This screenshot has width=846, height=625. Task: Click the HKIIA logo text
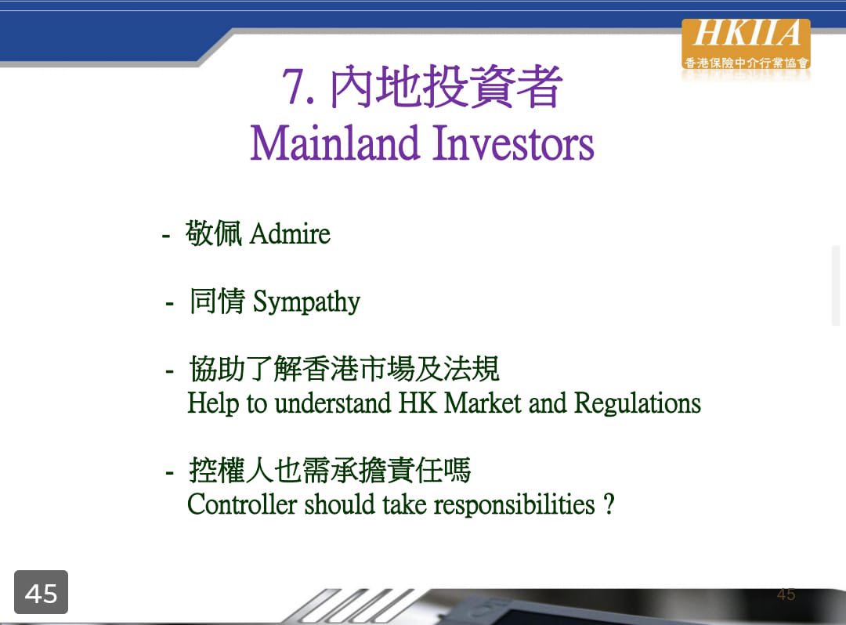[x=747, y=34]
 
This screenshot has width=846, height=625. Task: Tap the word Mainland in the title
[x=334, y=143]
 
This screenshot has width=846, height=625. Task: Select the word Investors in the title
[x=513, y=143]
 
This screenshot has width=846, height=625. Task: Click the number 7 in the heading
[x=292, y=86]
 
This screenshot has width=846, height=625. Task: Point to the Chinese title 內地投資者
[x=446, y=86]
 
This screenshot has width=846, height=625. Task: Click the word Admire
[x=291, y=234]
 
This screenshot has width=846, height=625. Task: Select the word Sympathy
[x=306, y=302]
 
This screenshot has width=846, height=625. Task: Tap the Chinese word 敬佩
[x=214, y=233]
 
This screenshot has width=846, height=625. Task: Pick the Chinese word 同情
[x=218, y=301]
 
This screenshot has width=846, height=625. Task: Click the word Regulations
[x=637, y=404]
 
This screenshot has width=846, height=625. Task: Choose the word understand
[x=333, y=403]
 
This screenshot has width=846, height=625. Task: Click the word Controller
[x=242, y=504]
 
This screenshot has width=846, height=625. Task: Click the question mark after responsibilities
[x=609, y=504]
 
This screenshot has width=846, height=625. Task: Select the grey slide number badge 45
[x=41, y=592]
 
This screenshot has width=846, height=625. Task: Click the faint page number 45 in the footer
[x=786, y=594]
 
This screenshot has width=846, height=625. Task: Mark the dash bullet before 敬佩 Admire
[x=166, y=236]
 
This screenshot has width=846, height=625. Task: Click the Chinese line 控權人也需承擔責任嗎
[x=331, y=470]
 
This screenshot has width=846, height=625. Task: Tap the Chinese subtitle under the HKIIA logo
[x=747, y=63]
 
